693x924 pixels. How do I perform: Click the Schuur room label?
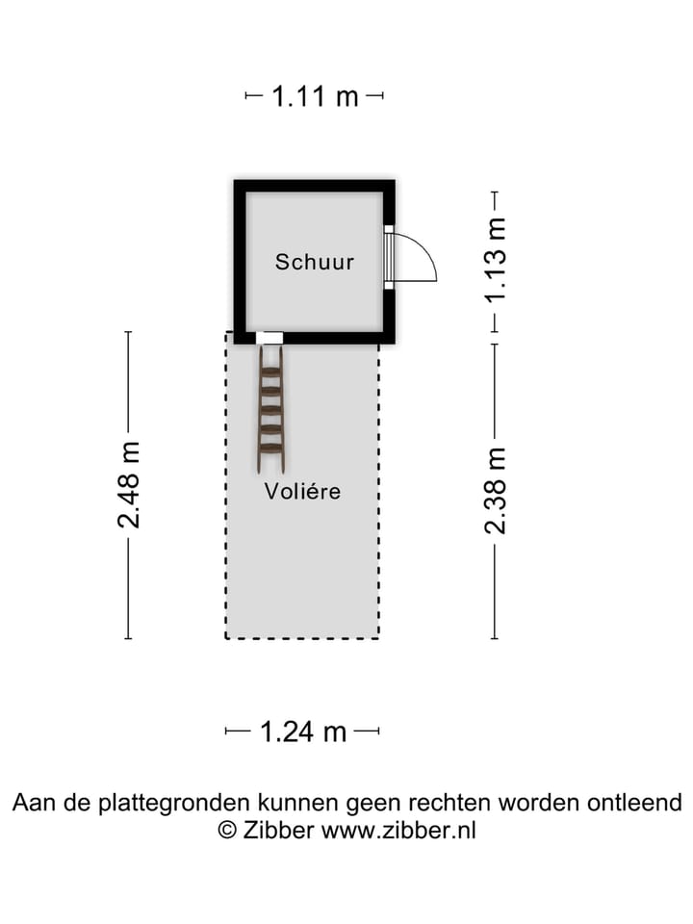(x=315, y=262)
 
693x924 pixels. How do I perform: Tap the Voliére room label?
(x=303, y=491)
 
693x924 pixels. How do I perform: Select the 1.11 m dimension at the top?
(x=315, y=96)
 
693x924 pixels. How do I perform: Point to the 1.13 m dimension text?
(x=495, y=262)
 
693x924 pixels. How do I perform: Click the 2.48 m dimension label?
(x=129, y=484)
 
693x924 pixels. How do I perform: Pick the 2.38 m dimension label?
(x=495, y=491)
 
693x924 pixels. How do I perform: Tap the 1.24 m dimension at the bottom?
(x=303, y=731)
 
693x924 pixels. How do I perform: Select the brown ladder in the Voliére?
(x=270, y=409)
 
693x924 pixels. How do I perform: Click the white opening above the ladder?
(x=269, y=338)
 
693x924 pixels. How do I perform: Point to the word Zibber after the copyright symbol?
(x=277, y=831)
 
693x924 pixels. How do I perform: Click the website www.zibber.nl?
(x=398, y=831)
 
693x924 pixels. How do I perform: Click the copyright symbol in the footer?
(x=227, y=831)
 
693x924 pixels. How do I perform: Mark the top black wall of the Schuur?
(x=315, y=186)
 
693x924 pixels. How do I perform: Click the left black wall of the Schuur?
(x=240, y=260)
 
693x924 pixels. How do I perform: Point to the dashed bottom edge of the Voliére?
(x=302, y=637)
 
